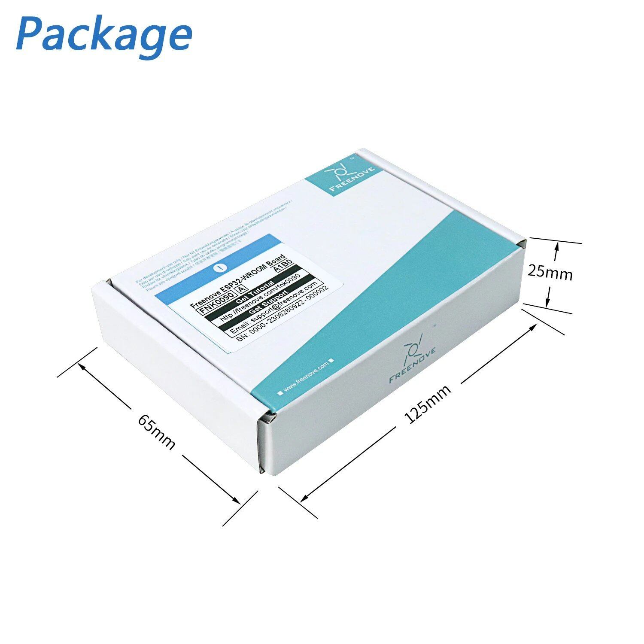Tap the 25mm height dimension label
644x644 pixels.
click(550, 272)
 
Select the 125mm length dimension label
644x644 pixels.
click(428, 404)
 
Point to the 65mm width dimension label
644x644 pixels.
click(156, 431)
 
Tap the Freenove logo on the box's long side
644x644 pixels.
click(413, 358)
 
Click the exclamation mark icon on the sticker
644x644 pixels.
click(220, 267)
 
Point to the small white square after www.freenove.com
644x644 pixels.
click(331, 361)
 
